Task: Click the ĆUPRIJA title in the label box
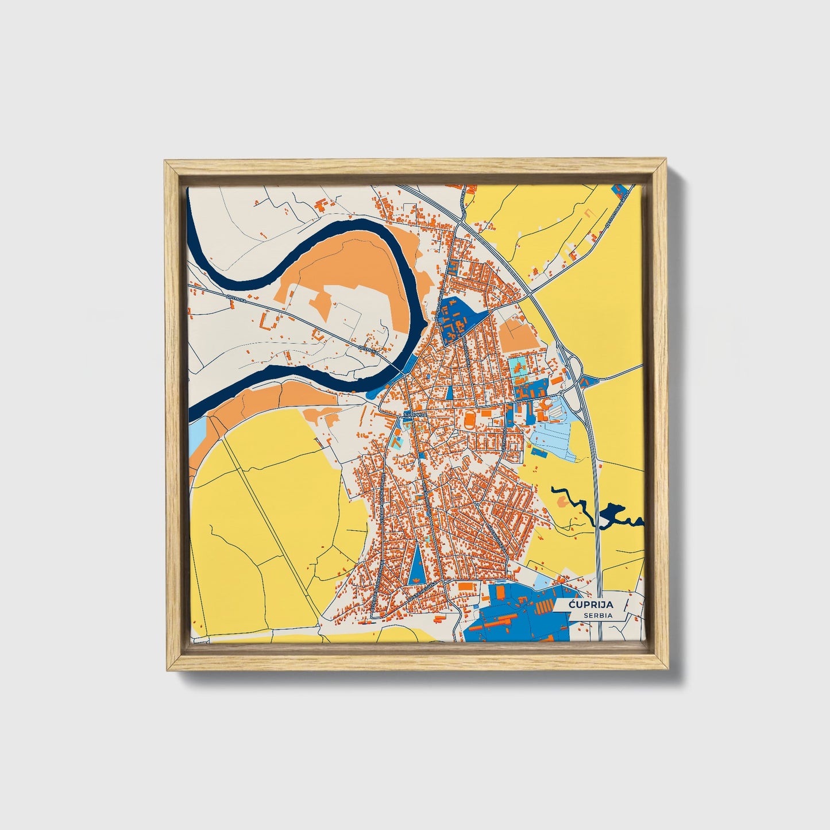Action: [592, 605]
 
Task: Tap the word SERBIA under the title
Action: [597, 615]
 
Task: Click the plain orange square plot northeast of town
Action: [518, 335]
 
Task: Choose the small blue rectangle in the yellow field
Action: [539, 451]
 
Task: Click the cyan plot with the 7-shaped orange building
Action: [396, 442]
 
